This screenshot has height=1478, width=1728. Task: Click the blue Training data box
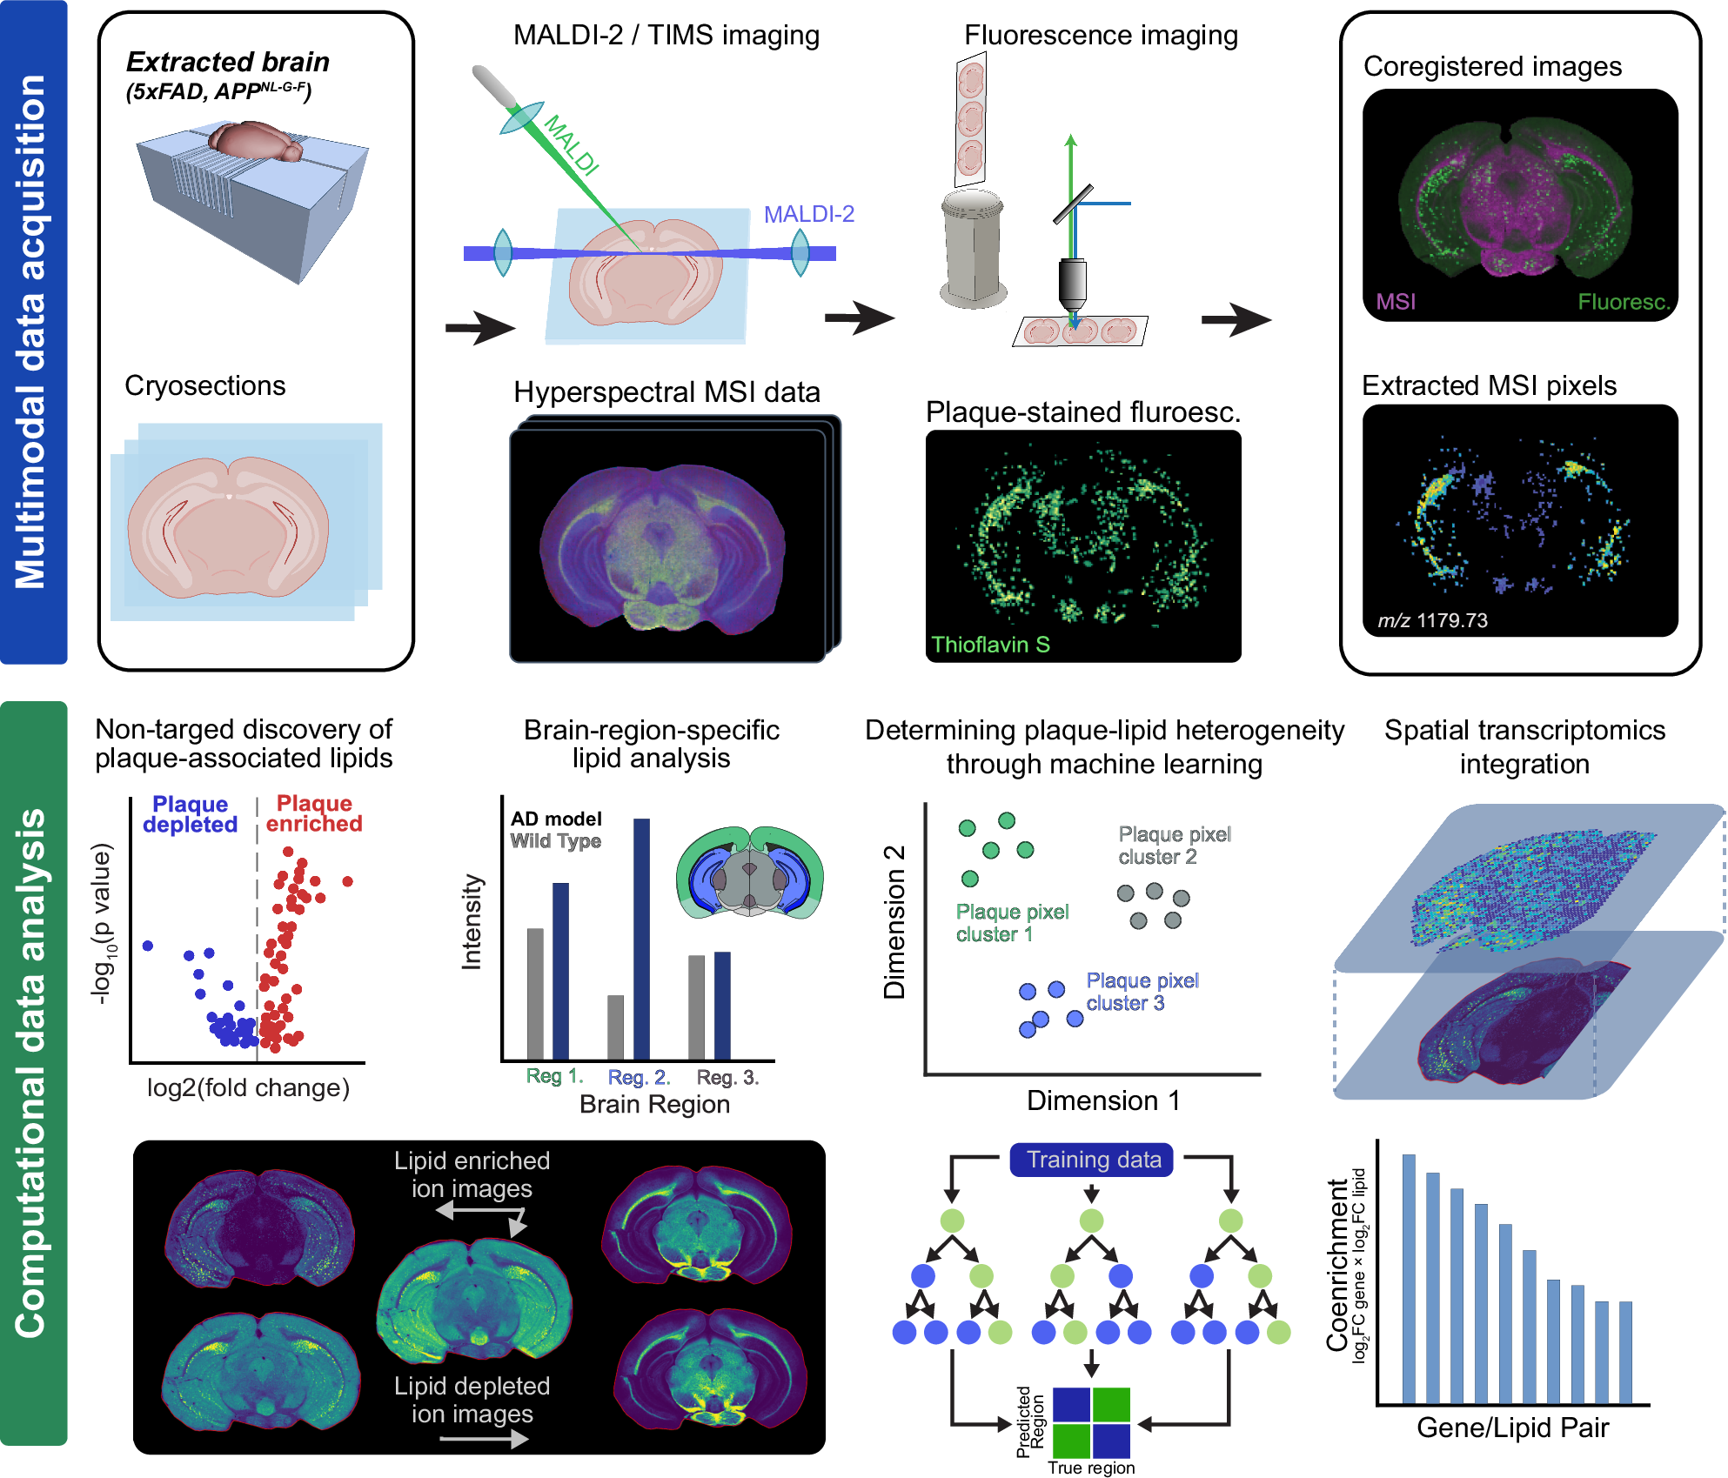click(x=1092, y=1160)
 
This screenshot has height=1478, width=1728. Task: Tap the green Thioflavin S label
click(x=990, y=645)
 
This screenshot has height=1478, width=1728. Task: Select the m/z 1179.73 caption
click(x=1432, y=620)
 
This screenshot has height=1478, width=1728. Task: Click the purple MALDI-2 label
click(x=808, y=214)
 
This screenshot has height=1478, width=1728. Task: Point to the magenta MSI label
click(x=1396, y=302)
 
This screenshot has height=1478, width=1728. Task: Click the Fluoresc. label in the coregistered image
click(x=1624, y=302)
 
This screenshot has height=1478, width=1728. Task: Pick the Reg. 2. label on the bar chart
click(x=639, y=1077)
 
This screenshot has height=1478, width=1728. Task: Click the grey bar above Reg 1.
click(x=535, y=993)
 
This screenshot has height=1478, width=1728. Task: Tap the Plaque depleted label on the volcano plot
click(x=190, y=814)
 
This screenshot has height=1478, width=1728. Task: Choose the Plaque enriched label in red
click(x=314, y=813)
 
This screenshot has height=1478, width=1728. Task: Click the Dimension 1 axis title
click(x=1103, y=1100)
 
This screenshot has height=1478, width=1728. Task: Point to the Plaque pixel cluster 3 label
click(x=1142, y=992)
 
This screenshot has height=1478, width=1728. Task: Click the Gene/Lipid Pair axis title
click(x=1512, y=1428)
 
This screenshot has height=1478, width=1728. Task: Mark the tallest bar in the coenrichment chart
click(x=1409, y=1278)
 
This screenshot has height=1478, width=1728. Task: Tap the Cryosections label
click(x=205, y=385)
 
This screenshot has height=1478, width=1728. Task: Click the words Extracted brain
click(x=227, y=62)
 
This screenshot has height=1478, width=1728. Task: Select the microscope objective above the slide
click(x=1072, y=287)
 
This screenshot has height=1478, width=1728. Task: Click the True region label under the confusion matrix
click(x=1091, y=1468)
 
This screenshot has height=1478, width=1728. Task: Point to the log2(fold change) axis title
click(x=248, y=1087)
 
